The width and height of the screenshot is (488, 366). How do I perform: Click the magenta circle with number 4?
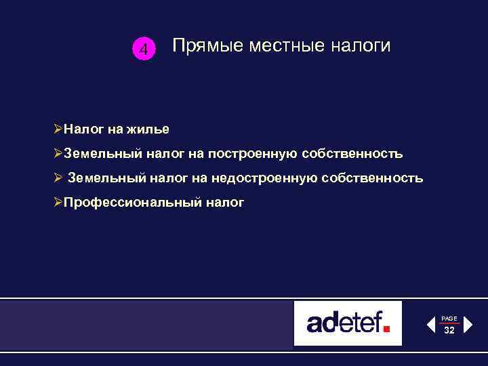[143, 49]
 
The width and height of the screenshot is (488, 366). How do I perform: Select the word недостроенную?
[258, 179]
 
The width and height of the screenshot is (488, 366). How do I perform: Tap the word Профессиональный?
[129, 203]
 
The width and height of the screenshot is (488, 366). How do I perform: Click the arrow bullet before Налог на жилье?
[58, 129]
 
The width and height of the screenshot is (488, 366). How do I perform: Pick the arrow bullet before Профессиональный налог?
[58, 203]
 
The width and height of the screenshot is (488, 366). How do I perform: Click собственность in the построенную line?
[355, 154]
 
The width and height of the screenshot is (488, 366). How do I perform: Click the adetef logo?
[348, 323]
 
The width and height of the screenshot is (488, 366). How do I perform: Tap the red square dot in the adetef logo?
[387, 329]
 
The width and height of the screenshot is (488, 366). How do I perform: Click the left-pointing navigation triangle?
[431, 325]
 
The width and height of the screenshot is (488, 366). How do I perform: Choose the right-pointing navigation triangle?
[468, 325]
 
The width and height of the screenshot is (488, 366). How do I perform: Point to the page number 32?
[449, 330]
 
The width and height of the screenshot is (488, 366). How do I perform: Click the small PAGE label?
[449, 318]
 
